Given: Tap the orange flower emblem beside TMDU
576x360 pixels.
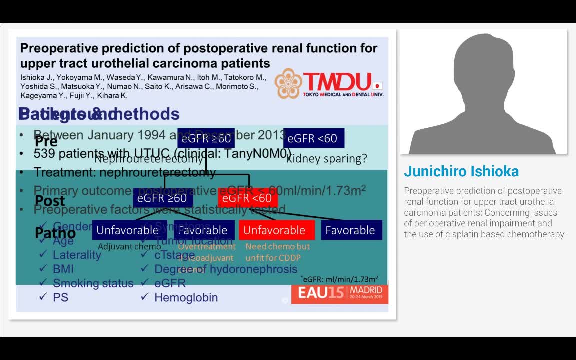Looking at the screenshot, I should coord(288,83).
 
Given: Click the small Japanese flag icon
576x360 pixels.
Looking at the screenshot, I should coord(378,85).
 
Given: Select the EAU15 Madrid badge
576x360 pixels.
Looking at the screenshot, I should coord(340,293).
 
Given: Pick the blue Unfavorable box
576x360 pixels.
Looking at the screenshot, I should coord(127,230).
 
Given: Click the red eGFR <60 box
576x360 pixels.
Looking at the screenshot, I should coord(247,198).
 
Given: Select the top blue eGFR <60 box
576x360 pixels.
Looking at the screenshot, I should coord(313,138).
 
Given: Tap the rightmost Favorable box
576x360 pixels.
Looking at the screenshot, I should coord(351,230).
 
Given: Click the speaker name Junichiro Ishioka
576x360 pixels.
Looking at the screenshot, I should coord(461,171).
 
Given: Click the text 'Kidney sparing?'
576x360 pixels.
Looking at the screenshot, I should coord(327,159).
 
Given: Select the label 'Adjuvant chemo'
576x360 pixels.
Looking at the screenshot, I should coord(129,246).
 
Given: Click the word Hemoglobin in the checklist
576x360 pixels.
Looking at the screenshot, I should coord(186,297).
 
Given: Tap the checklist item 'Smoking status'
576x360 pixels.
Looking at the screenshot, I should coord(93,283).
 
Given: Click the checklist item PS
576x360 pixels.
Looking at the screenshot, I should coord(60,297).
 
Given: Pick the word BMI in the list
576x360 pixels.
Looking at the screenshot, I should coord(63,269).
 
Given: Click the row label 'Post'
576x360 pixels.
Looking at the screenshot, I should coord(50,201).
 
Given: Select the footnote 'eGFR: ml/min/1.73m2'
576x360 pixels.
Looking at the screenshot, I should coord(340,279).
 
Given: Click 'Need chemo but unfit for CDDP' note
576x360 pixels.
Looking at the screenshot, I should coord(277,252).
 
